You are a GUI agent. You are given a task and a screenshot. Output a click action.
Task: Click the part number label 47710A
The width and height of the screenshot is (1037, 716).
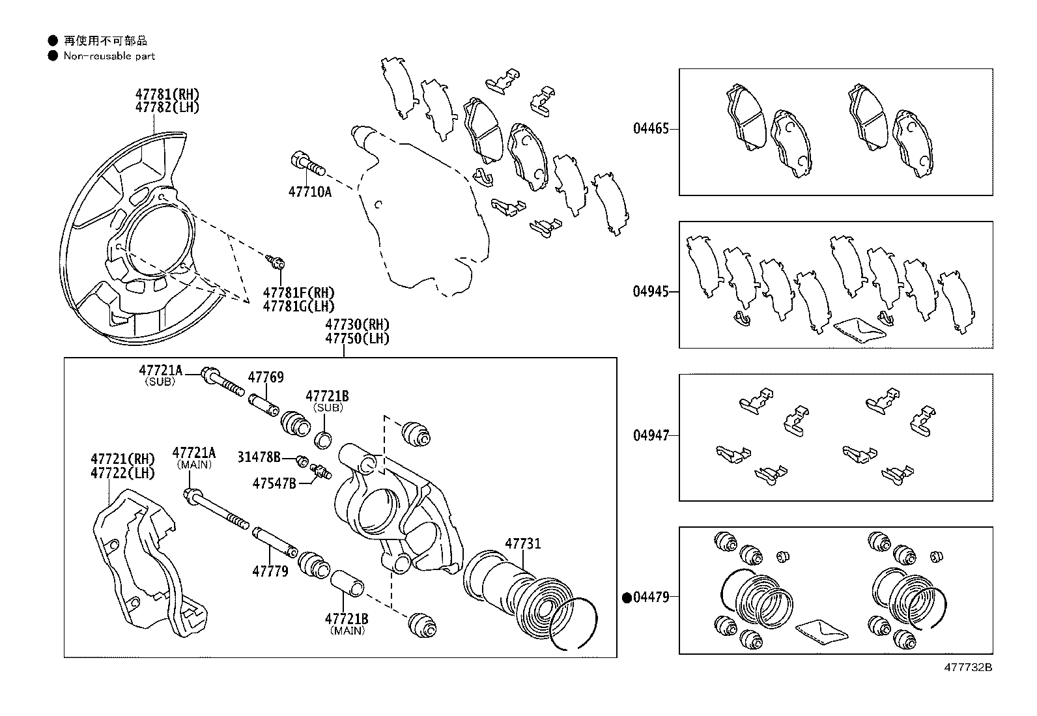pyautogui.click(x=309, y=192)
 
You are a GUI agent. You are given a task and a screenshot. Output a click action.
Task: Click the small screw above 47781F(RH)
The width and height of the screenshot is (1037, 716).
pyautogui.click(x=276, y=262)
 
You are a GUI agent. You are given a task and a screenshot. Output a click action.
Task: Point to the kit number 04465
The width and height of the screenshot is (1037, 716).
pyautogui.click(x=651, y=128)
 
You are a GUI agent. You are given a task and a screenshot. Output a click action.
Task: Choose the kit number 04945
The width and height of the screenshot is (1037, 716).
pyautogui.click(x=651, y=291)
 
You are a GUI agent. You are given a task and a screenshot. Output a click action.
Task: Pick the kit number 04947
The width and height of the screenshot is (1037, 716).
pyautogui.click(x=651, y=435)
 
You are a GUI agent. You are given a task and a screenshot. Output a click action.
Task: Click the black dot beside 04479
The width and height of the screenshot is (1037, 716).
pyautogui.click(x=628, y=597)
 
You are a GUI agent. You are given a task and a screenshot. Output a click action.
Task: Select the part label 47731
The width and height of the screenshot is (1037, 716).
pyautogui.click(x=522, y=544)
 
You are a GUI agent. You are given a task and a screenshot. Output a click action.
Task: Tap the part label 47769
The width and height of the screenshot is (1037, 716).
pyautogui.click(x=266, y=377)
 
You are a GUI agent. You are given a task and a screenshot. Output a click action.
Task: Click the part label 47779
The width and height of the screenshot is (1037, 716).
pyautogui.click(x=270, y=571)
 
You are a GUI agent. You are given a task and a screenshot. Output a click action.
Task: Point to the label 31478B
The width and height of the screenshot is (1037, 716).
pyautogui.click(x=259, y=457)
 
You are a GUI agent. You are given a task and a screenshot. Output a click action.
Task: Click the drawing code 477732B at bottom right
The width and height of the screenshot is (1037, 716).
pyautogui.click(x=969, y=667)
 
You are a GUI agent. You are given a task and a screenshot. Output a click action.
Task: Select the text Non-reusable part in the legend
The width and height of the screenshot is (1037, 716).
pyautogui.click(x=109, y=56)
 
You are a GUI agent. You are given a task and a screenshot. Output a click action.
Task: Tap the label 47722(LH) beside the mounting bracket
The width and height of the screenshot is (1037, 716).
pyautogui.click(x=122, y=474)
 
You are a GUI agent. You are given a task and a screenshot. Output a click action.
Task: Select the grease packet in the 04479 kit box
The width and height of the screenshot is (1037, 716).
pyautogui.click(x=821, y=629)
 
